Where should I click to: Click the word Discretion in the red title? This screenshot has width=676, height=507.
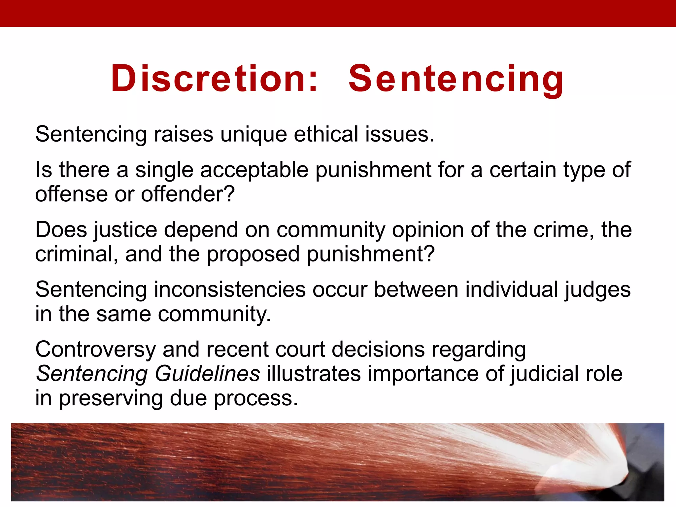click(214, 79)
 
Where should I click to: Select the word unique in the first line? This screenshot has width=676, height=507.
click(253, 135)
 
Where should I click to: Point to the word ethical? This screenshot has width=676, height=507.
click(326, 135)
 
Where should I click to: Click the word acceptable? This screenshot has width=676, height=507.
click(254, 170)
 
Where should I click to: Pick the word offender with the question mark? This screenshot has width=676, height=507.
click(188, 194)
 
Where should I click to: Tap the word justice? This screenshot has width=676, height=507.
click(125, 230)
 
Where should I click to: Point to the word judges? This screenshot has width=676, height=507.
click(597, 290)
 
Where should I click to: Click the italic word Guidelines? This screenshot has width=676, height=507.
click(207, 374)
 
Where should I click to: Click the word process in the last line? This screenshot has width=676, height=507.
click(255, 398)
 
